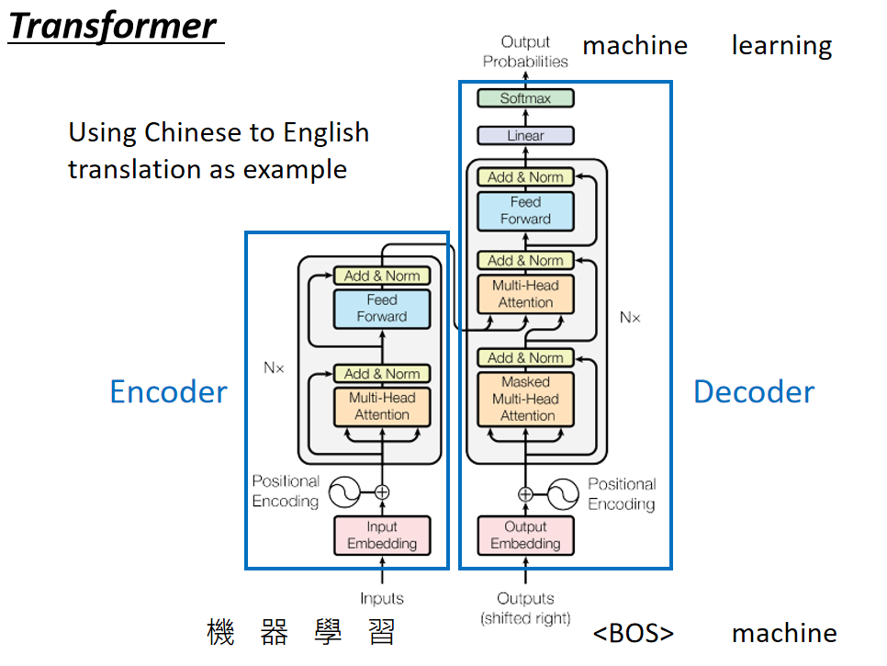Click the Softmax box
[x=525, y=98]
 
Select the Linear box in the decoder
[x=525, y=136]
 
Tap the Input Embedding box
[x=382, y=536]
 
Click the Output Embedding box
[x=525, y=536]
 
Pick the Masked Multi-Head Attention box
[x=525, y=399]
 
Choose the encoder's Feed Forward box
[x=382, y=309]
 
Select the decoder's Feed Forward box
[x=525, y=211]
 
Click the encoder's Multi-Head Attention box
[x=382, y=406]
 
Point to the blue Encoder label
[x=169, y=391]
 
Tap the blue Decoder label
[x=754, y=391]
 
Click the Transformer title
[x=113, y=26]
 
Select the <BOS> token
[x=634, y=633]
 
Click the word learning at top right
[x=781, y=46]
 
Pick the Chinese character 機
[x=220, y=632]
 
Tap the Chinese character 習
[x=382, y=632]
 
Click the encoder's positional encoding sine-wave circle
[x=344, y=492]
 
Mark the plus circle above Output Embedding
[x=525, y=494]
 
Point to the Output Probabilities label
[x=525, y=51]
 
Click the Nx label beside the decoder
[x=630, y=318]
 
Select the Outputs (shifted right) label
[x=525, y=608]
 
